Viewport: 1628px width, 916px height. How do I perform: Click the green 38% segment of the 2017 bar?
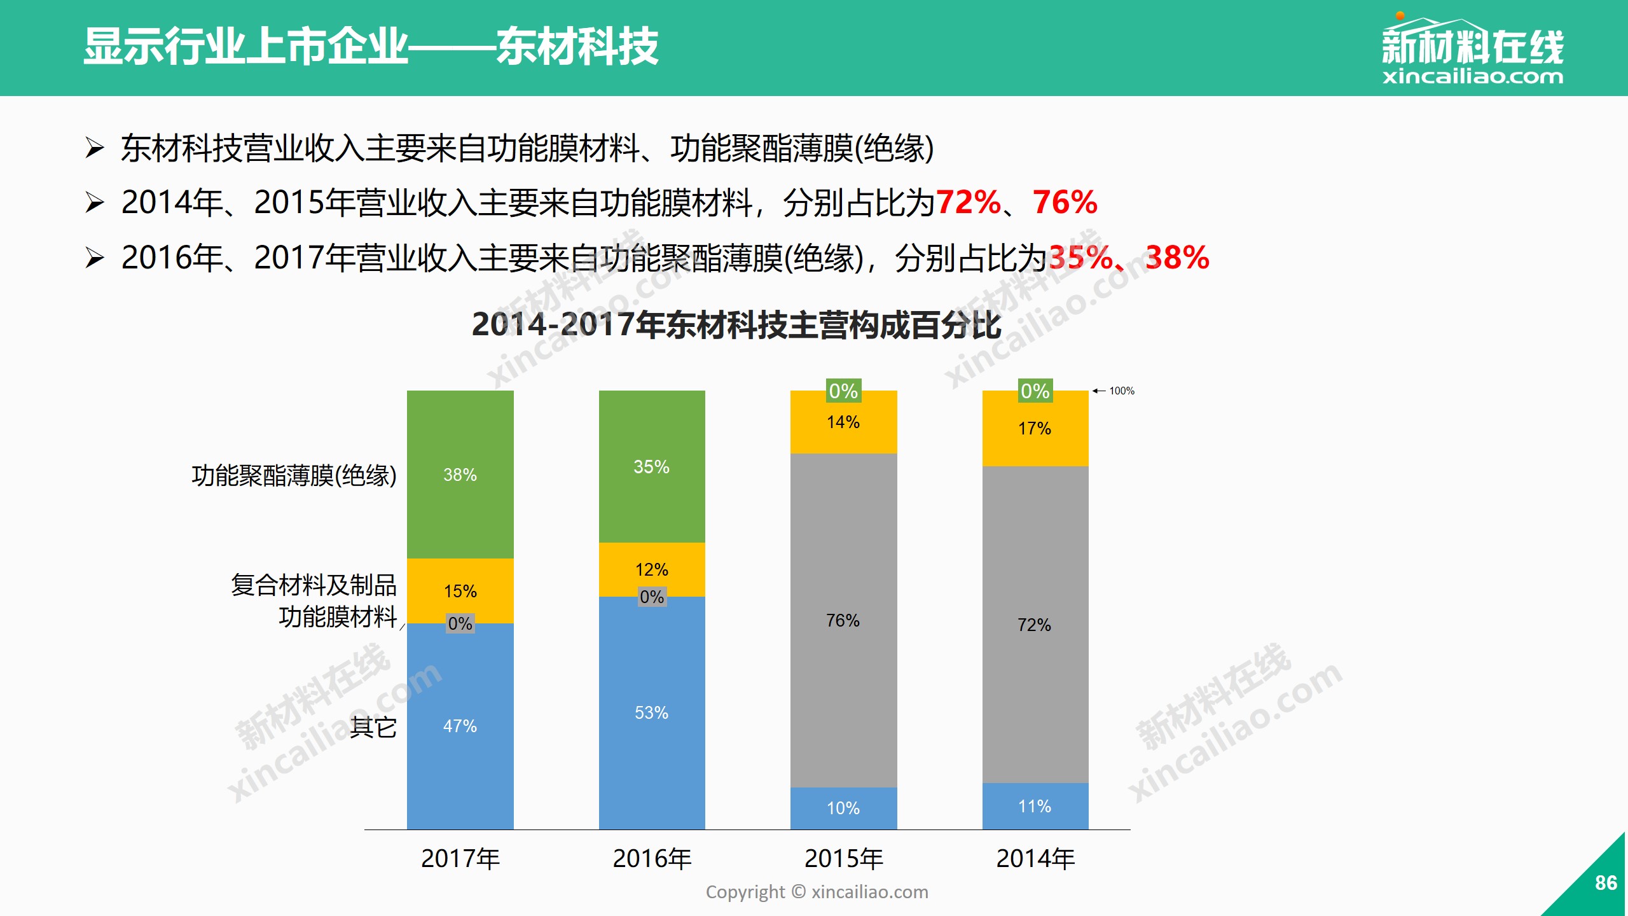(x=460, y=475)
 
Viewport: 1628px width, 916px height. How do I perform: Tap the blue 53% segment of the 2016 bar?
(x=652, y=712)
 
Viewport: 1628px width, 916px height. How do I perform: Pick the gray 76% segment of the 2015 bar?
(x=843, y=620)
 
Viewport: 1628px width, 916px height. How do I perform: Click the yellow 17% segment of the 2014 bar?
(x=1035, y=429)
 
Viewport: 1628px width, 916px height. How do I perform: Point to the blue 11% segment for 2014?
(x=1035, y=806)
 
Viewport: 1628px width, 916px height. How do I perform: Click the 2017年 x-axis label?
(x=460, y=859)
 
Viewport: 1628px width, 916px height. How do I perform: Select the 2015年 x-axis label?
(x=844, y=859)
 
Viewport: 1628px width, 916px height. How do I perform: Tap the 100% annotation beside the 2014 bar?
(x=1121, y=391)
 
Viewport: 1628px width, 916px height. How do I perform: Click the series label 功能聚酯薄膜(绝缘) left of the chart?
(x=294, y=475)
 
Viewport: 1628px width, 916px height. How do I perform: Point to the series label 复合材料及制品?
(x=314, y=585)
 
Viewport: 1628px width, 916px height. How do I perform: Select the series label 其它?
(x=373, y=726)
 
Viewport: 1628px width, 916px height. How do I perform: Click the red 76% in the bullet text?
(x=1065, y=202)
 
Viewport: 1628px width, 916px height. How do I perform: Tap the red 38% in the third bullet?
(x=1176, y=258)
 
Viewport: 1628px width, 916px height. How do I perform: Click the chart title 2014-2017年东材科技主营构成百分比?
(x=736, y=324)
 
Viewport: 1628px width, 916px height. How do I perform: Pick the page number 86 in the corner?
(x=1605, y=883)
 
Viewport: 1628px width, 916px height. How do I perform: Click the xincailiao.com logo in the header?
(x=1472, y=51)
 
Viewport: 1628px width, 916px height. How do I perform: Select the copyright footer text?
(x=817, y=892)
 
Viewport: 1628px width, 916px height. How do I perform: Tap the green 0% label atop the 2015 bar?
(x=843, y=391)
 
